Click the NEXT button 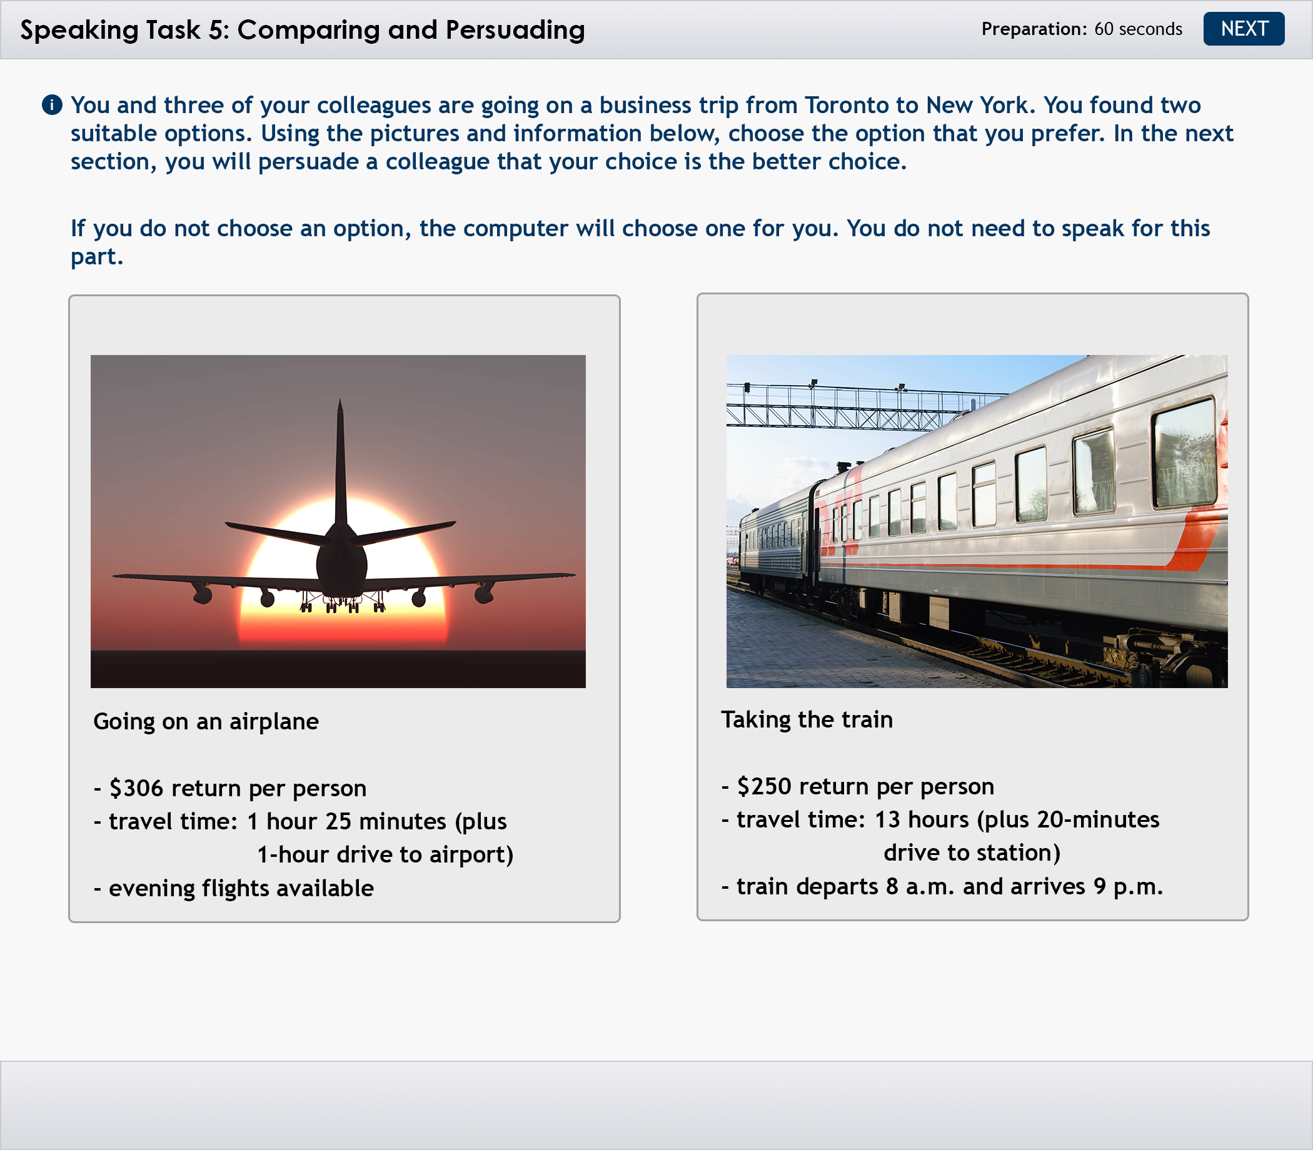1244,29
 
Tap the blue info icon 52,104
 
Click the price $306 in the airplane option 137,788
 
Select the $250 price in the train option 764,786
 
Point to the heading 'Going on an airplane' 206,722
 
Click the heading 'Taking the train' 807,720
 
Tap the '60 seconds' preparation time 1139,29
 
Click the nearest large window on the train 1185,453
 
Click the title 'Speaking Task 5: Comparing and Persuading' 303,30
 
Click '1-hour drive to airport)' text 385,855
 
